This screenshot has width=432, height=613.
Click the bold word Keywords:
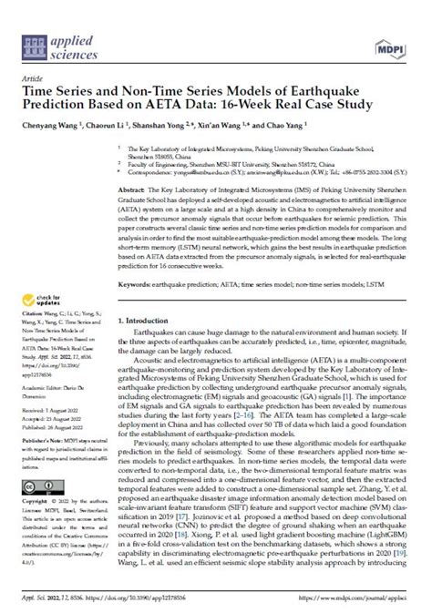point(137,283)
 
